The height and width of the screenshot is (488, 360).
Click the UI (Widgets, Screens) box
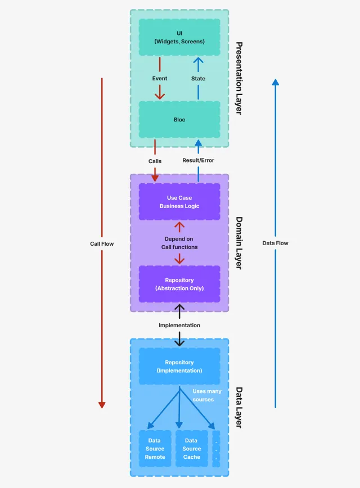point(179,37)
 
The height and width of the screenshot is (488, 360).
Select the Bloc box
point(179,120)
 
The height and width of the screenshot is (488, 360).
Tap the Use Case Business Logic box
point(179,202)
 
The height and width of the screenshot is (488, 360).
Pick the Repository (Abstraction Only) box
point(179,284)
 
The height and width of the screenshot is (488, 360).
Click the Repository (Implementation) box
point(179,367)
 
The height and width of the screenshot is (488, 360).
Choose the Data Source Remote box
point(155,449)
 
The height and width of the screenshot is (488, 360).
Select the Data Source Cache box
point(191,449)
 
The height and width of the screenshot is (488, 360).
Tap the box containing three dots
point(216,449)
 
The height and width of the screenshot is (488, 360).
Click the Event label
point(160,79)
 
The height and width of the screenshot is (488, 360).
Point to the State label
point(198,79)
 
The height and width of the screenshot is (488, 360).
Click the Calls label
point(155,161)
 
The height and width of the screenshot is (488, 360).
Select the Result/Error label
point(198,160)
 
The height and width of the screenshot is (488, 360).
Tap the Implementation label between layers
point(179,325)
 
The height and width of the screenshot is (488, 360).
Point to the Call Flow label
point(102,243)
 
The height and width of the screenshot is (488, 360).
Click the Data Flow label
point(275,243)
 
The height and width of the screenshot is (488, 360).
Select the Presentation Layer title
point(238,78)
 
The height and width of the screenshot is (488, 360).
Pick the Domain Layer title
point(238,243)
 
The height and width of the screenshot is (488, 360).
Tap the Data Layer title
point(238,408)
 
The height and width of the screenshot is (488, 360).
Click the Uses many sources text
point(207,395)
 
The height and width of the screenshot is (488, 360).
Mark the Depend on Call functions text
point(179,243)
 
